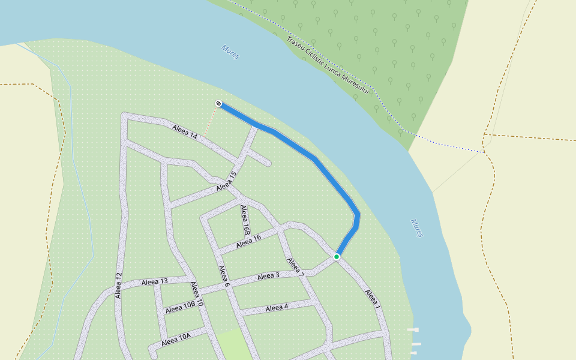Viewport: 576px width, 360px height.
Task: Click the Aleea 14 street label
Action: (185, 132)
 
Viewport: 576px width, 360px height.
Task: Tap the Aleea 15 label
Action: (227, 181)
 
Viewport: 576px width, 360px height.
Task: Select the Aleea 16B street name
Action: (244, 220)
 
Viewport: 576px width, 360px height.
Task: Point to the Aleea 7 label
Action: (296, 267)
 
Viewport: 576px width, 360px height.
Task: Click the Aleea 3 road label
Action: (268, 276)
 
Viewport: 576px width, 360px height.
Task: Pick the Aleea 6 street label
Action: (224, 276)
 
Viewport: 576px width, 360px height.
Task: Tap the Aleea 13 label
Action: (155, 281)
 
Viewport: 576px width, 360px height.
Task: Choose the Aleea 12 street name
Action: (118, 285)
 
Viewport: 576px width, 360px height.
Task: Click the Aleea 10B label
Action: (181, 308)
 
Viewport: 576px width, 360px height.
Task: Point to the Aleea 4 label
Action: (277, 308)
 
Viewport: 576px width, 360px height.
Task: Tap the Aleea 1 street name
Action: (373, 299)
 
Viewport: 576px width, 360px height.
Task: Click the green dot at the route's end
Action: (337, 257)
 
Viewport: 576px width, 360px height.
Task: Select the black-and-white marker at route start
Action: (218, 104)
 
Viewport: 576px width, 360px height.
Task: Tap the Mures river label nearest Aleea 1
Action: (417, 228)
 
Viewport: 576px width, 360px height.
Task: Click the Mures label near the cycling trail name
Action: (230, 52)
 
